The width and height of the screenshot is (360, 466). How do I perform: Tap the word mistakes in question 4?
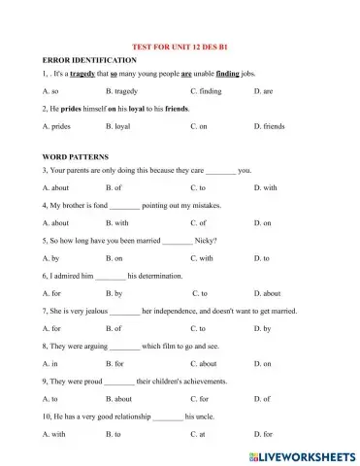tap(205, 206)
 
